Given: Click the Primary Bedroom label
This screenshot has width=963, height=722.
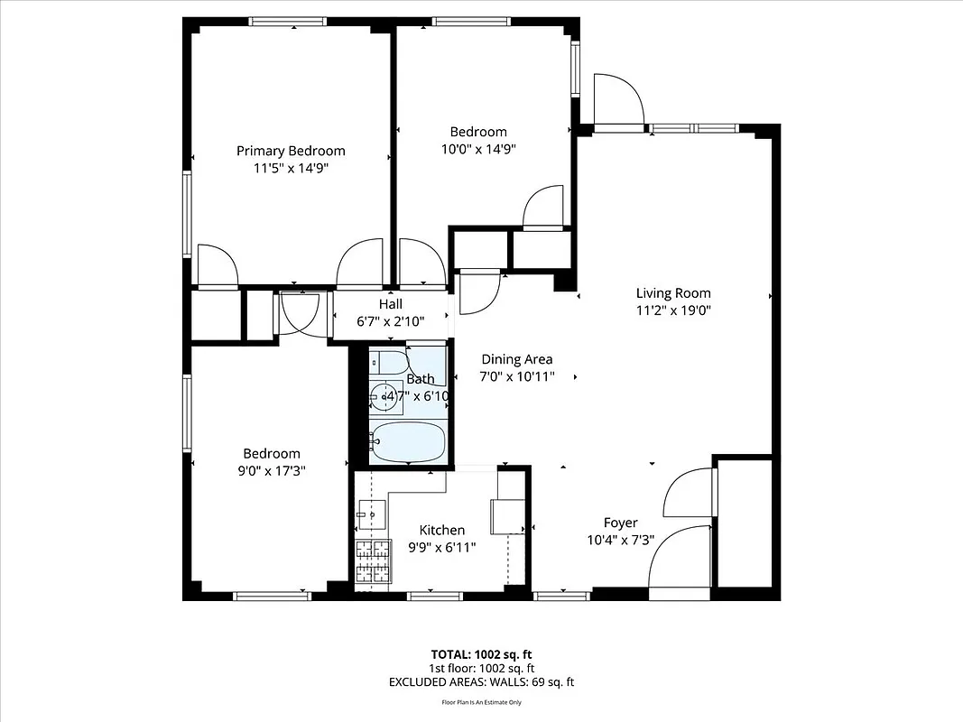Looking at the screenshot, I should pyautogui.click(x=291, y=151).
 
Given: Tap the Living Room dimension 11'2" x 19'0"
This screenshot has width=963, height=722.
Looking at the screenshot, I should pyautogui.click(x=673, y=310).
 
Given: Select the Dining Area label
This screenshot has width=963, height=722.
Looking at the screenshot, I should pyautogui.click(x=516, y=359).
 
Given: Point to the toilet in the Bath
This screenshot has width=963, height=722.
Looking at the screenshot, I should pyautogui.click(x=391, y=363).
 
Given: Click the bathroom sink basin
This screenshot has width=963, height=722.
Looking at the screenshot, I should pyautogui.click(x=388, y=395).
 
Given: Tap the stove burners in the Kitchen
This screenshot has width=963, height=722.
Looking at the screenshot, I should pyautogui.click(x=373, y=562).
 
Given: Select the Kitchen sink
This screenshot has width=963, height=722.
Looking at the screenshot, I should pyautogui.click(x=371, y=514).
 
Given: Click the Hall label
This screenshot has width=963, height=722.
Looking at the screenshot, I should pyautogui.click(x=391, y=304).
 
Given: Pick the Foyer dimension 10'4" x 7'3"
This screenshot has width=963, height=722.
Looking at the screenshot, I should pyautogui.click(x=620, y=540).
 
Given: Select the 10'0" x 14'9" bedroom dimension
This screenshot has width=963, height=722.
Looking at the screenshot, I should pyautogui.click(x=478, y=149).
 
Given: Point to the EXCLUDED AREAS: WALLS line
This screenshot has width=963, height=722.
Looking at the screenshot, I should pyautogui.click(x=481, y=682).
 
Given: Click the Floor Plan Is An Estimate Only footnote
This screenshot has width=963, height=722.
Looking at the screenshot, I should pyautogui.click(x=481, y=702).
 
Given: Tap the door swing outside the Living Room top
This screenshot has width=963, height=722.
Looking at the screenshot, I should pyautogui.click(x=617, y=100).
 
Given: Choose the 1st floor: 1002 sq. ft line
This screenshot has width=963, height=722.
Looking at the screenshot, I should pyautogui.click(x=481, y=669).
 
